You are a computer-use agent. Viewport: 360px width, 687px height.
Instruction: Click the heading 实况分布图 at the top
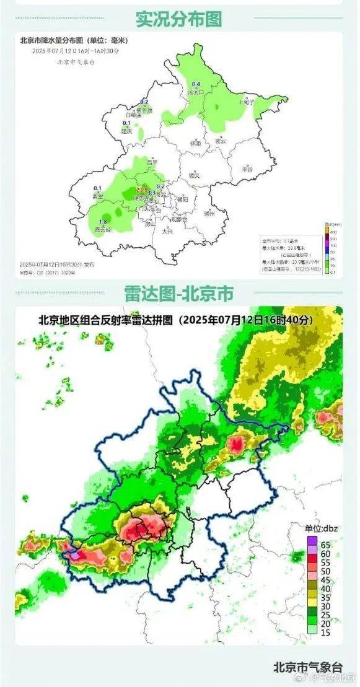point(178,19)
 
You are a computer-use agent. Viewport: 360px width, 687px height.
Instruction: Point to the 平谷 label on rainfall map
point(247,168)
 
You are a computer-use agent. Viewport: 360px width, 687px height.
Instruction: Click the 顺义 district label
point(195,175)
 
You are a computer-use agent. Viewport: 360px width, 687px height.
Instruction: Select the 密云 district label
point(220,141)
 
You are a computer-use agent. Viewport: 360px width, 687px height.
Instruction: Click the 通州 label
point(209,214)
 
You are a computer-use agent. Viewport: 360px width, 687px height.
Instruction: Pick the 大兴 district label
point(167,231)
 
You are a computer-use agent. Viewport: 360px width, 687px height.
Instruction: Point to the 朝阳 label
point(182,199)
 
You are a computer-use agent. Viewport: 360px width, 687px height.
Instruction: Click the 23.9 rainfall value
point(142,189)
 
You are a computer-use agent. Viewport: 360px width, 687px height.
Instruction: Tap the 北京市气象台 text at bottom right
point(307,667)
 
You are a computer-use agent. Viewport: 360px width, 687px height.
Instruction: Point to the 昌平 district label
point(152,162)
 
